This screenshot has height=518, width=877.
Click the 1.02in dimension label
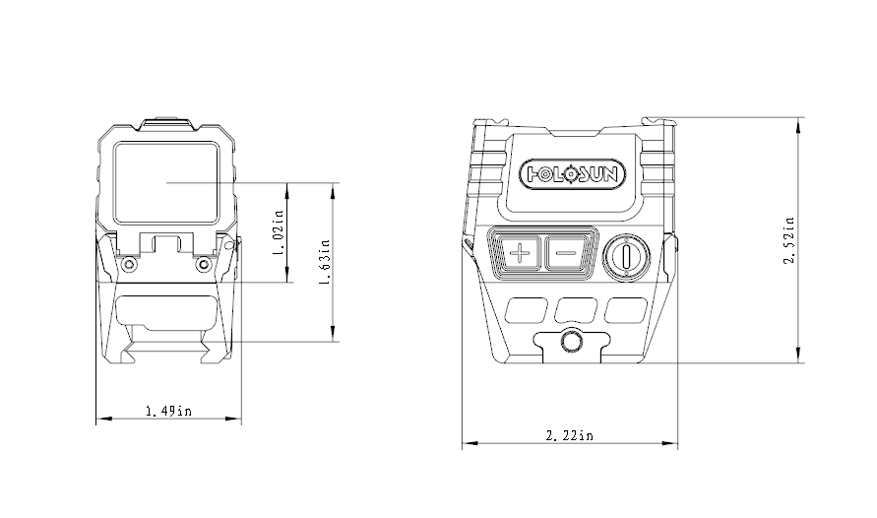click(x=280, y=233)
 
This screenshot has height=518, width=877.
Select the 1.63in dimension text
click(x=324, y=262)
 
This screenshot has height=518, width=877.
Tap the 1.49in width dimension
click(x=168, y=410)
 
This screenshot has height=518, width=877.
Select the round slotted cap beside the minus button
click(x=623, y=256)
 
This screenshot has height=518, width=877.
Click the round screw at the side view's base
click(x=569, y=341)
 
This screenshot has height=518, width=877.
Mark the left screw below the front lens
click(x=127, y=264)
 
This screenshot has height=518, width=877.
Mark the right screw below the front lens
click(x=204, y=264)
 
